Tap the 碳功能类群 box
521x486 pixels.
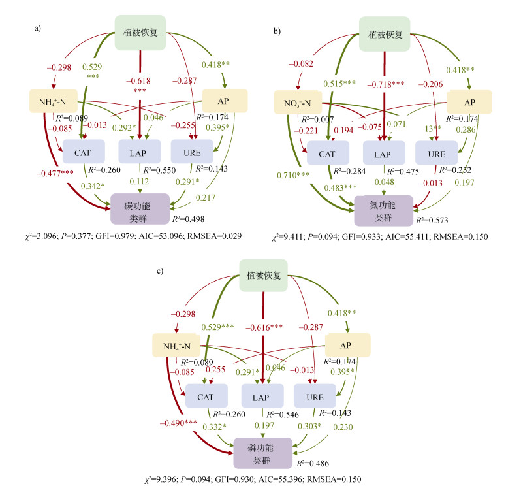click(x=140, y=208)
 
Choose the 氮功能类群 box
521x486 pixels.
click(x=383, y=210)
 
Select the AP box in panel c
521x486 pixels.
click(x=348, y=345)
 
